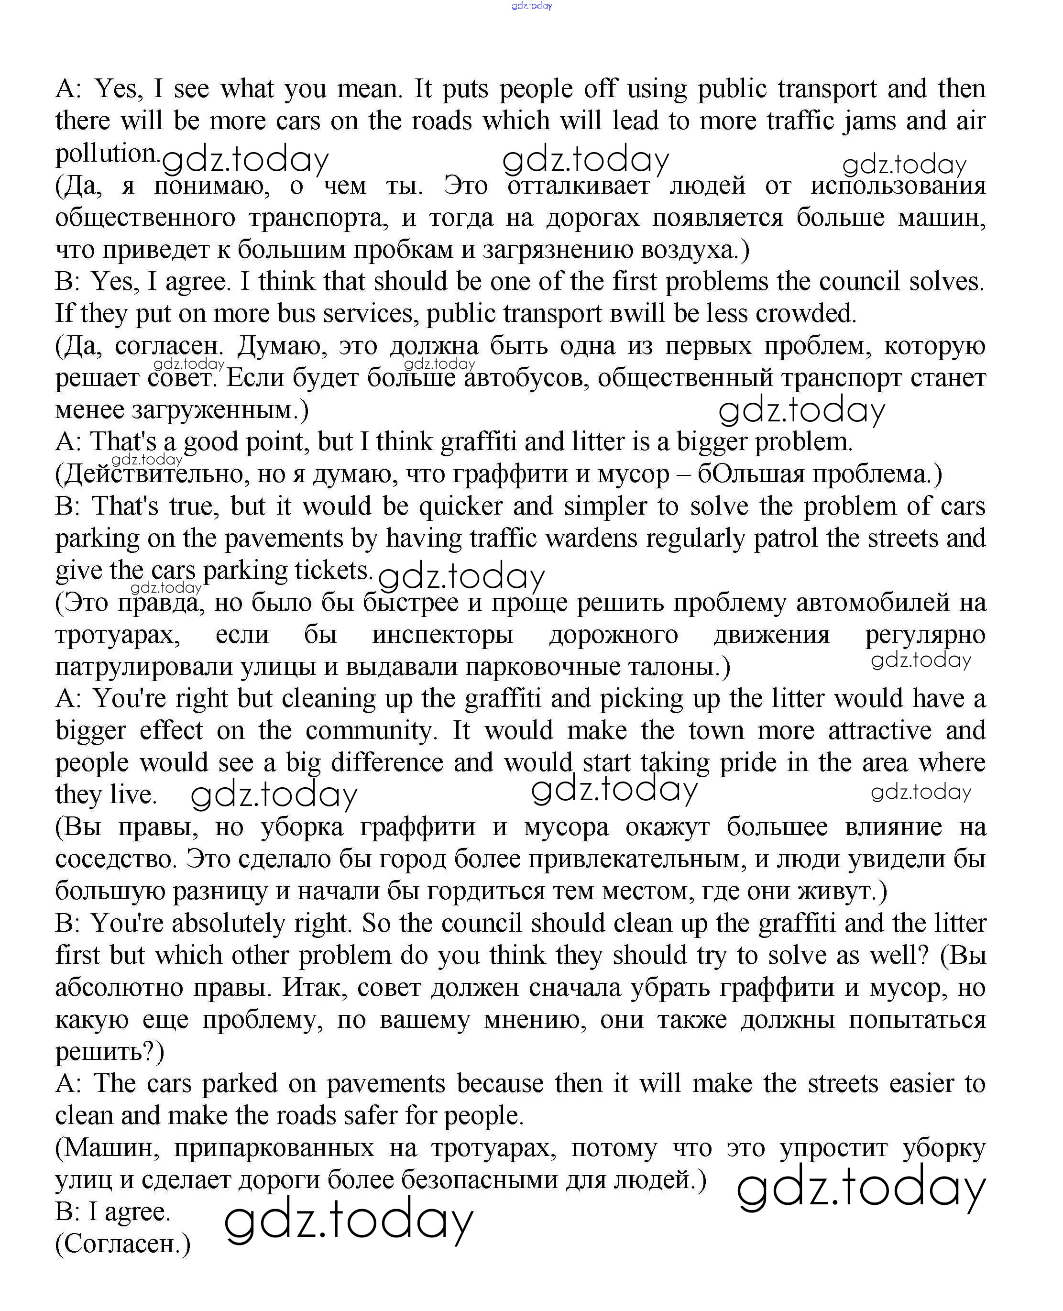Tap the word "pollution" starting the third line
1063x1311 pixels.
click(x=107, y=154)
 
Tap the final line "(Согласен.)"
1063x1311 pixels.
click(x=123, y=1244)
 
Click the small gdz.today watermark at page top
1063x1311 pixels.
click(x=532, y=6)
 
